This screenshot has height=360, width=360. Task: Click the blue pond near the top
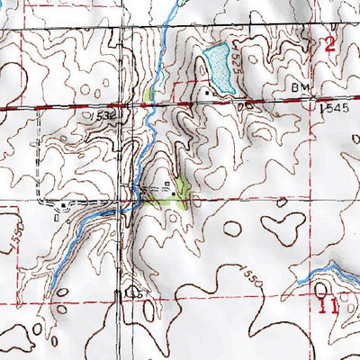click(219, 70)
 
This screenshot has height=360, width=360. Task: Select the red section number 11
click(328, 307)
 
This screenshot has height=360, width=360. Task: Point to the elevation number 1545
click(332, 107)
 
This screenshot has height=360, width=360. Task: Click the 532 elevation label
click(104, 116)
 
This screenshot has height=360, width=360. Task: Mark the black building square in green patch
click(174, 191)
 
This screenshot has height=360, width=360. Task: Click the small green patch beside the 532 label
click(148, 94)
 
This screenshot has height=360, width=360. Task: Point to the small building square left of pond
click(208, 91)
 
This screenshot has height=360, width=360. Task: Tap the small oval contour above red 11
click(322, 288)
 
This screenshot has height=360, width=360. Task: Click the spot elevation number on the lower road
click(136, 293)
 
